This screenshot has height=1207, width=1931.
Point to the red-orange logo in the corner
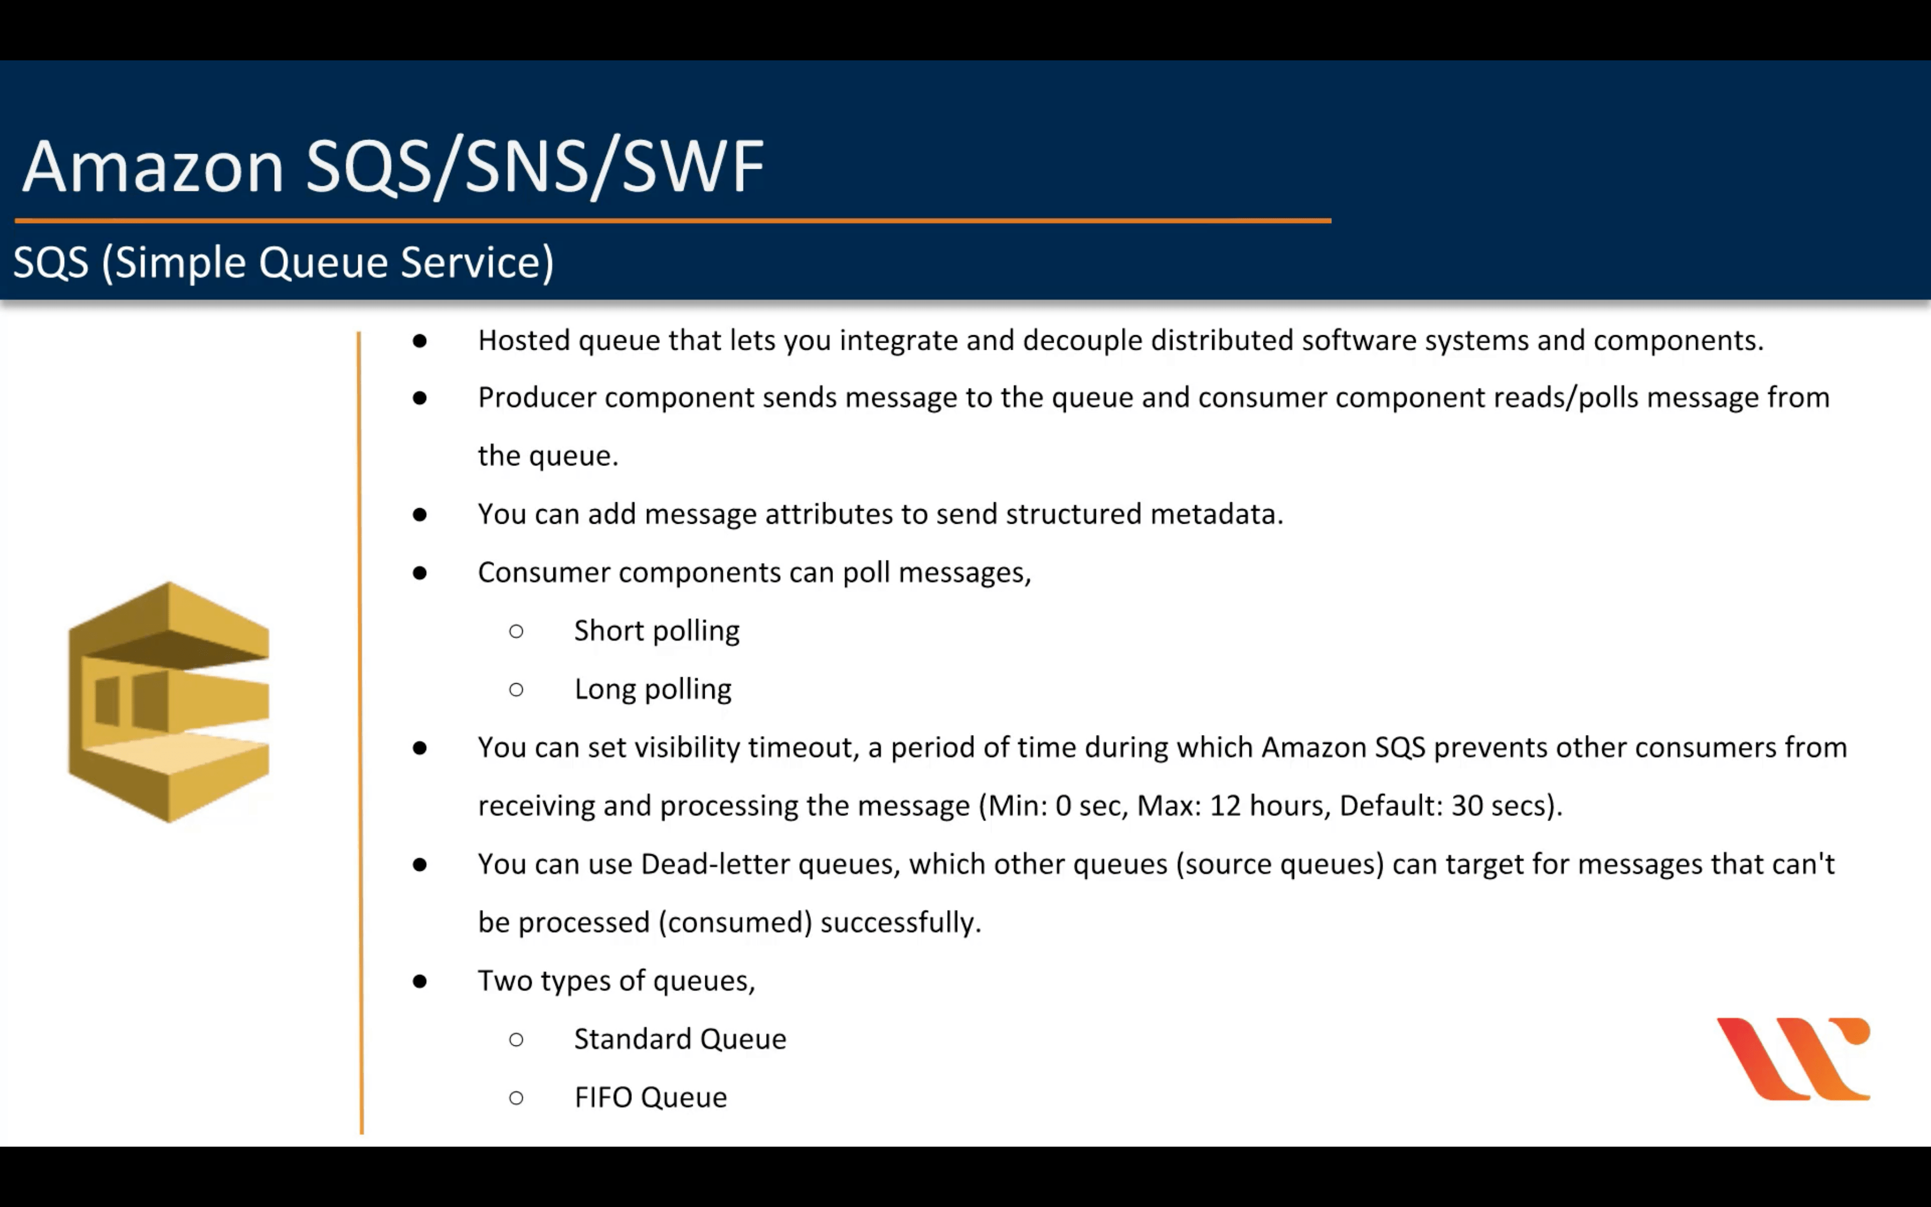click(1793, 1058)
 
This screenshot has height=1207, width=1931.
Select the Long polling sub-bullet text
click(652, 689)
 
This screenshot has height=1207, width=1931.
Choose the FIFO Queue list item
click(650, 1097)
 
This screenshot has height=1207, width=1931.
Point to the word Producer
click(537, 398)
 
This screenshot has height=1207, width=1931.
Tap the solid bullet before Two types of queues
click(420, 981)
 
